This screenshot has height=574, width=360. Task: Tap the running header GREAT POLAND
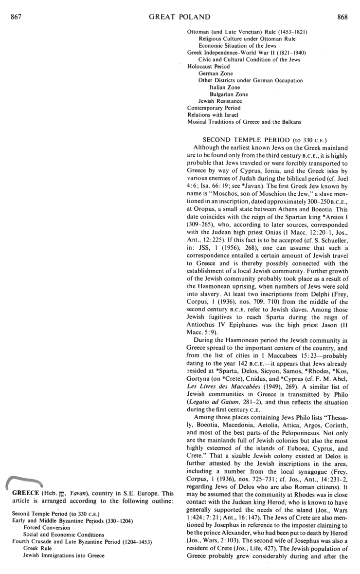coord(179,18)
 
